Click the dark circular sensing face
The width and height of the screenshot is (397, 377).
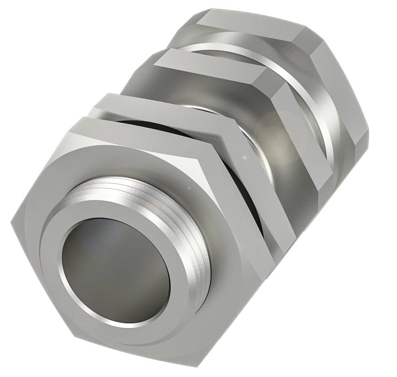(115, 270)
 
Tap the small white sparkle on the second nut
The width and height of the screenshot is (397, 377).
(245, 159)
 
